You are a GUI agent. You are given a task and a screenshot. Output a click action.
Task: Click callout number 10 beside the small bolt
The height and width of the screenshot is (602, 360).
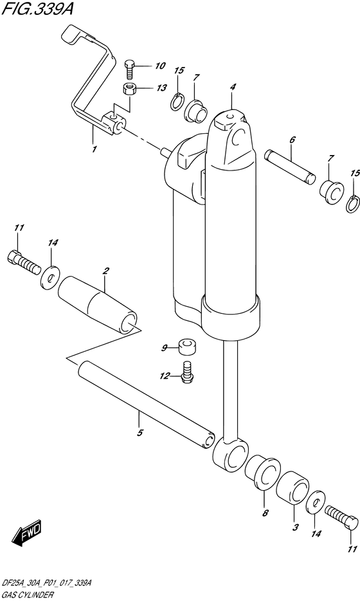point(159,66)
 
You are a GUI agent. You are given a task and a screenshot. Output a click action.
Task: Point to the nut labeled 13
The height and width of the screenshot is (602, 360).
point(130,88)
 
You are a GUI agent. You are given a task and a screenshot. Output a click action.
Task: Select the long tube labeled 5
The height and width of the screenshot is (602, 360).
point(145,405)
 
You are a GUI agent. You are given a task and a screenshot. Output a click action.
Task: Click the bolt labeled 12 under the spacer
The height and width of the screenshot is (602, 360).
point(188,372)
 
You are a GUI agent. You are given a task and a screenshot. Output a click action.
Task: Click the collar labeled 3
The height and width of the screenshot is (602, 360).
point(292,489)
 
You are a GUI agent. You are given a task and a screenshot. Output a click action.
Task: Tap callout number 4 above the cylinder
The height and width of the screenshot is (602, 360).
point(233,87)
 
